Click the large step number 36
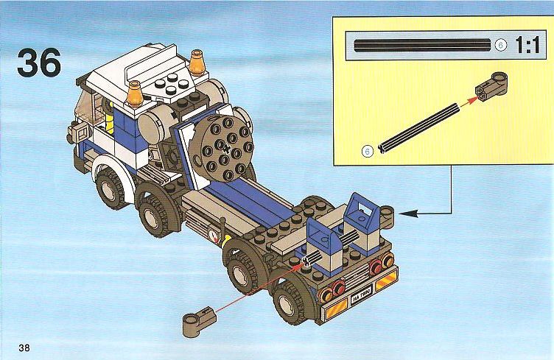39,63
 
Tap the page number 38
24,347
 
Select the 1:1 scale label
528,45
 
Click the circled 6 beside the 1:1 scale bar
501,45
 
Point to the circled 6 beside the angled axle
368,152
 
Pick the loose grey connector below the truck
199,322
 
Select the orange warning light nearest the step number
135,93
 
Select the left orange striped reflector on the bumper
334,309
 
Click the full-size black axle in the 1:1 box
423,46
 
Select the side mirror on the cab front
80,133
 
